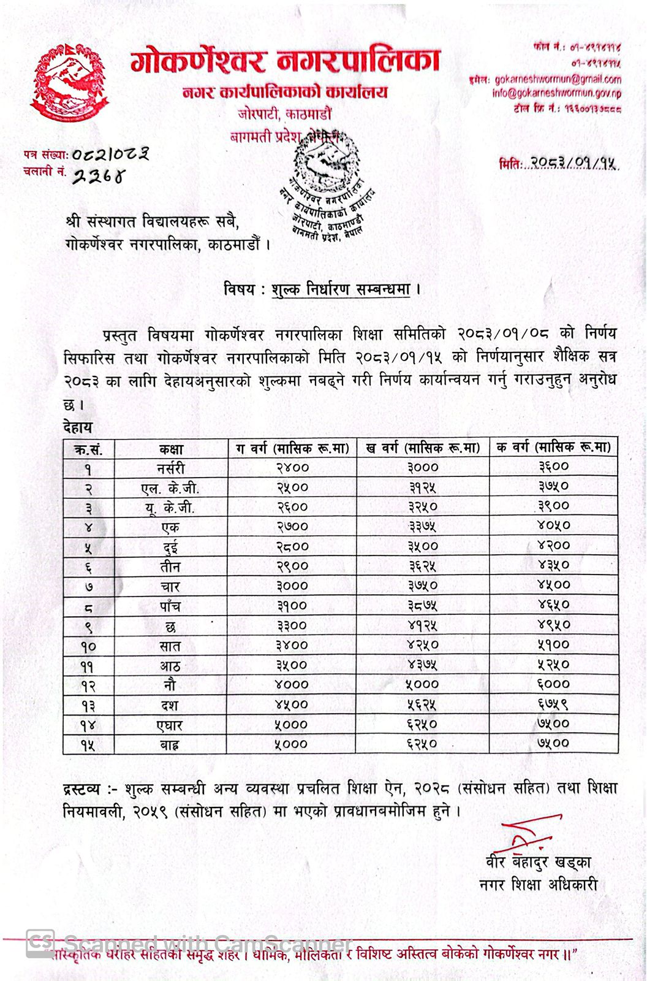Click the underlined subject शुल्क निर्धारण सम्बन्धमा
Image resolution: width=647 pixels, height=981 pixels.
(341, 289)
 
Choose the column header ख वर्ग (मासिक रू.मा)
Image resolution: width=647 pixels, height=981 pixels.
(423, 448)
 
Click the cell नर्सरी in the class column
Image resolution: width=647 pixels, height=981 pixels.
(170, 468)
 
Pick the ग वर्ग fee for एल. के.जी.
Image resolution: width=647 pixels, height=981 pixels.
(292, 487)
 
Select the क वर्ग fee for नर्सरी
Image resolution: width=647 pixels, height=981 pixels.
(553, 467)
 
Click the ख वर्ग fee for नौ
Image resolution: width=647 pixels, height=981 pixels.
(423, 684)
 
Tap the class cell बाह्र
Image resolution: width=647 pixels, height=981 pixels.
(170, 744)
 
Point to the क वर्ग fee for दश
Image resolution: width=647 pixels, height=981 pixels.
(553, 704)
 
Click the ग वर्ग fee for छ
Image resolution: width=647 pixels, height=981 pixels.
(292, 626)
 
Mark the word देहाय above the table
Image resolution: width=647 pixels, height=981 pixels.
(78, 427)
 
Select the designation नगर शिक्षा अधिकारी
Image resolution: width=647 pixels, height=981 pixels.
(538, 885)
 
